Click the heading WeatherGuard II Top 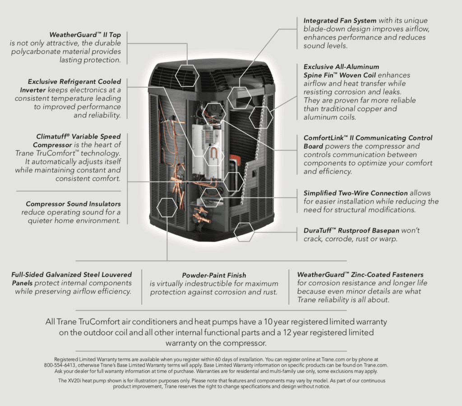point(85,35)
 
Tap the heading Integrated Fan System point(340,21)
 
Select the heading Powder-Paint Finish point(214,275)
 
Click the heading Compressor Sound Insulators point(73,204)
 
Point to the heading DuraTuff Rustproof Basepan point(351,230)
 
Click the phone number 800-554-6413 point(60,365)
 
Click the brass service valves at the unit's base point(202,216)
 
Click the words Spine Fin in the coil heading point(320,75)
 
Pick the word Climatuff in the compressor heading point(53,136)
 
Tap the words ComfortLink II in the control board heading point(329,138)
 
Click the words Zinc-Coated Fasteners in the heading point(387,275)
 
